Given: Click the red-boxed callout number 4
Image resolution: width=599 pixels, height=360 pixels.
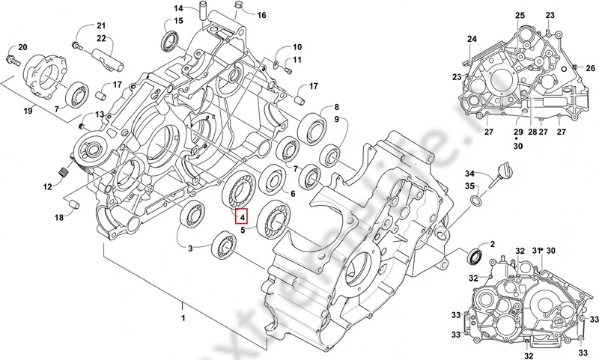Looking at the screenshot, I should pyautogui.click(x=241, y=217).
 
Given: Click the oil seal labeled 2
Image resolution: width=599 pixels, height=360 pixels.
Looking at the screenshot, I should pyautogui.click(x=474, y=257).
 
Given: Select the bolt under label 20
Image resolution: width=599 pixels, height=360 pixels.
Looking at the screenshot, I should pyautogui.click(x=12, y=55).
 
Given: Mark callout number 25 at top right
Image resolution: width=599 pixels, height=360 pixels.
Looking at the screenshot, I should pyautogui.click(x=520, y=16).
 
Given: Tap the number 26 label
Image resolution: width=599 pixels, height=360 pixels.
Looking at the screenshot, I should pyautogui.click(x=591, y=68).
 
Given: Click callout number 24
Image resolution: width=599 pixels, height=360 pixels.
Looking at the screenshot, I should pyautogui.click(x=472, y=39).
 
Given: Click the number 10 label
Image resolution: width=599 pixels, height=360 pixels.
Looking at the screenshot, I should pyautogui.click(x=297, y=46).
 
